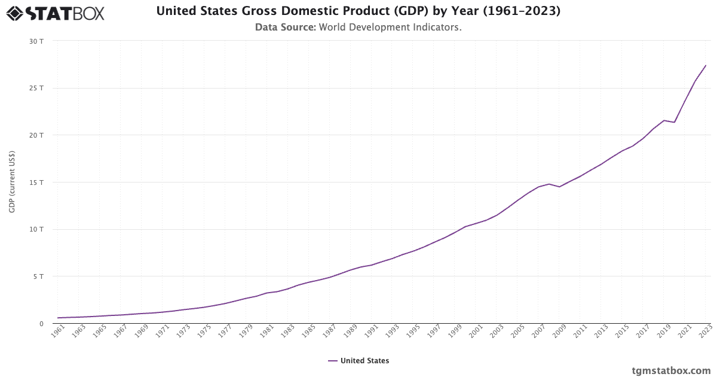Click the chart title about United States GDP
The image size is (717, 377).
click(358, 11)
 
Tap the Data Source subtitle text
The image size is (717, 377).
click(358, 27)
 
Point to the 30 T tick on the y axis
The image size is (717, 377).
click(37, 41)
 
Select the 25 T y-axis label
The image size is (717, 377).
click(37, 88)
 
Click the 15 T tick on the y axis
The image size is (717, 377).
click(37, 183)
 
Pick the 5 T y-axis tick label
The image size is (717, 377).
click(39, 276)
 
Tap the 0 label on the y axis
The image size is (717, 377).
click(41, 324)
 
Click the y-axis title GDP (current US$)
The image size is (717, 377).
click(12, 182)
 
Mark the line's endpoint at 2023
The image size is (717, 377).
click(706, 65)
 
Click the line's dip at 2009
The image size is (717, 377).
click(560, 187)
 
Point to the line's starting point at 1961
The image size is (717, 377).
click(58, 318)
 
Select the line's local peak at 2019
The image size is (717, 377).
click(664, 120)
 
